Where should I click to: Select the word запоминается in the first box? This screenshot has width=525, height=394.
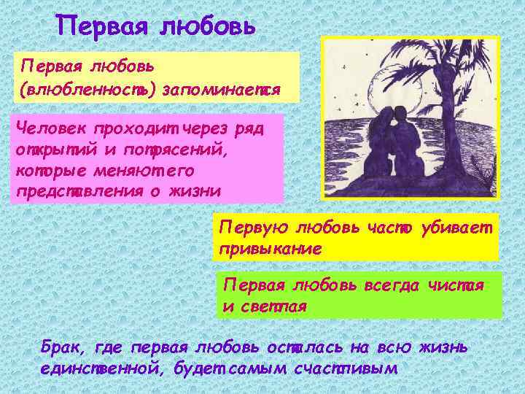pos(222,91)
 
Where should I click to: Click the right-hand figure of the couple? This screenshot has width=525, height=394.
pos(405,146)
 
